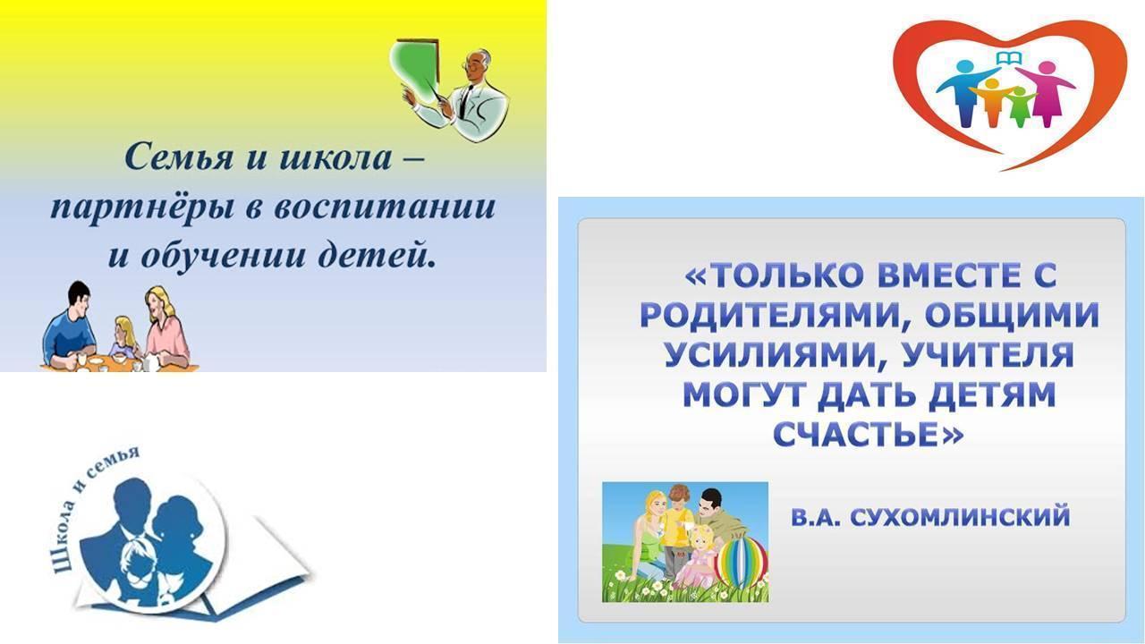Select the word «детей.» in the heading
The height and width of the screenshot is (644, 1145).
point(377,254)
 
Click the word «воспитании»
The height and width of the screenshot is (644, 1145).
point(385,208)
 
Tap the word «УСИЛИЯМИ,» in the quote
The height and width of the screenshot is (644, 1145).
point(775,355)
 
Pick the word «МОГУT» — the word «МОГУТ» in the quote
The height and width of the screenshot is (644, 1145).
point(749,394)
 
